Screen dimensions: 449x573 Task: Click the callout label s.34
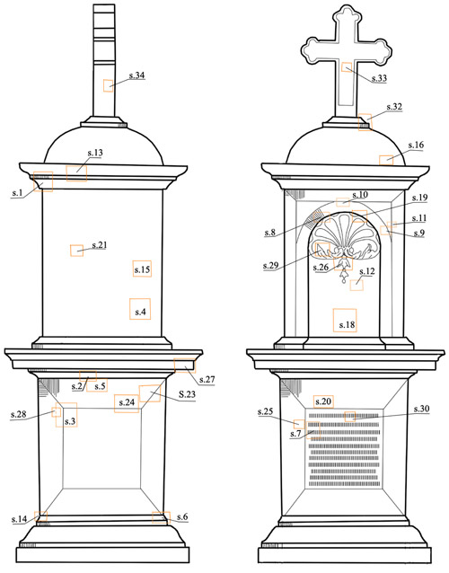[137, 75]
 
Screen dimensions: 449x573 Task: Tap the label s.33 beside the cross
[379, 78]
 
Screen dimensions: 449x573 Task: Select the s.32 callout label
[394, 107]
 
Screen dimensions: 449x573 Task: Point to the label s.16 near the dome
[416, 145]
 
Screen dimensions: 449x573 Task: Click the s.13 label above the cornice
[95, 153]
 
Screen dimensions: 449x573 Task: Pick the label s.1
[17, 193]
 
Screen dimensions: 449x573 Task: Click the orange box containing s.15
[142, 269]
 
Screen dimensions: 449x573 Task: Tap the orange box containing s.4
[140, 309]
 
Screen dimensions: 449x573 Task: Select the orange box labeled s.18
[345, 320]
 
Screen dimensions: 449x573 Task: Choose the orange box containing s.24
[127, 403]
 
